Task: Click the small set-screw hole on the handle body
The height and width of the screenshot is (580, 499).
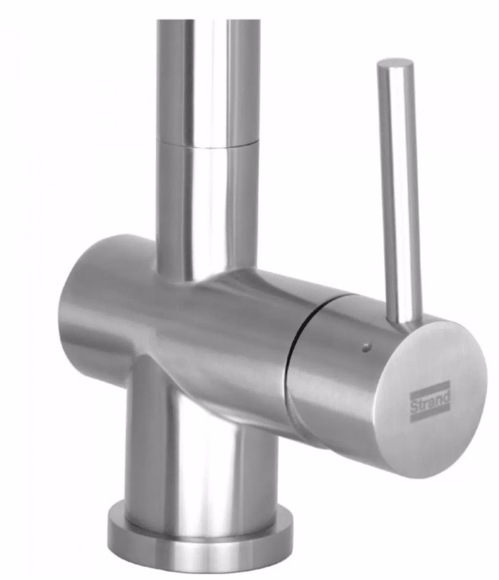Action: (x=366, y=347)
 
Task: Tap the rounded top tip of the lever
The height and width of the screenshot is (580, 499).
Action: (x=395, y=63)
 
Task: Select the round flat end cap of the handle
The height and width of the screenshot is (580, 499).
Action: (x=430, y=399)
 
